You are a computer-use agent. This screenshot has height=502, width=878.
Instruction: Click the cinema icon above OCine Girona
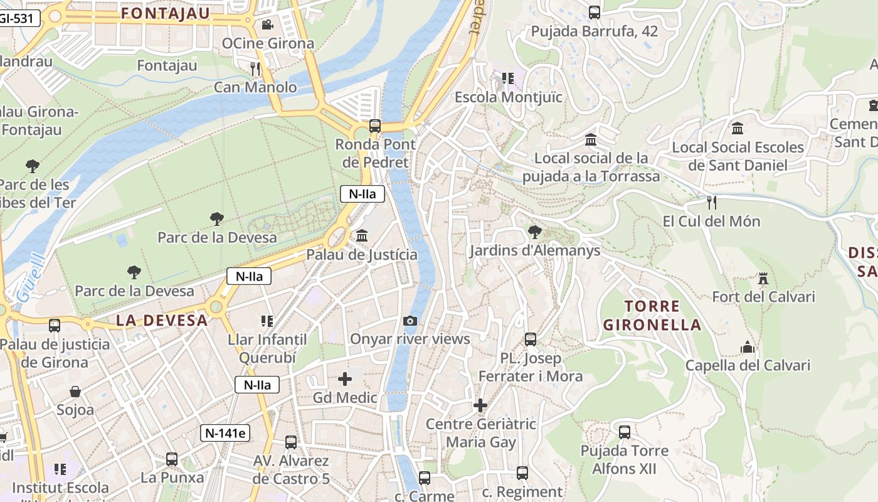(267, 24)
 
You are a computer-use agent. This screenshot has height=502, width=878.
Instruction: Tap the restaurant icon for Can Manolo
(255, 68)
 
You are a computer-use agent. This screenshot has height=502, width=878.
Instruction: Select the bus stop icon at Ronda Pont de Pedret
(375, 126)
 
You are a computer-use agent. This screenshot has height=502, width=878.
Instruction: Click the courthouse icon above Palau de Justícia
(362, 236)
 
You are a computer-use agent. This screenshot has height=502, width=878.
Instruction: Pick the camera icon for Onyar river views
(410, 321)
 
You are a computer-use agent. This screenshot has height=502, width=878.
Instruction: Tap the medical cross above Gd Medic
(345, 379)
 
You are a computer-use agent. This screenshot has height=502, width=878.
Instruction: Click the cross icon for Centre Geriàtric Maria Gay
(480, 405)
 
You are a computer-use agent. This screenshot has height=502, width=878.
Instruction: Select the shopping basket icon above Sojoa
(75, 392)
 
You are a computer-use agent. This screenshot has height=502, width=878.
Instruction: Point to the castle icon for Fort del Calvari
(763, 278)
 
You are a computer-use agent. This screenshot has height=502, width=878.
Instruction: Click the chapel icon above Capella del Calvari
(748, 347)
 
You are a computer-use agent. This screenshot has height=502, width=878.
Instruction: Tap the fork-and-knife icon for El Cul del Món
(711, 202)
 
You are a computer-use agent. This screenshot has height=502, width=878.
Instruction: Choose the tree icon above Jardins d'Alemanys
(535, 232)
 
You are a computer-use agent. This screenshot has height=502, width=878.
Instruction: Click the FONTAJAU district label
(166, 13)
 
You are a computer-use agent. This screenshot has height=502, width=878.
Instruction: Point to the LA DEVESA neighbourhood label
(162, 320)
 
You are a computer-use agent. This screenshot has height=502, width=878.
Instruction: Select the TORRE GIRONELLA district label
(652, 316)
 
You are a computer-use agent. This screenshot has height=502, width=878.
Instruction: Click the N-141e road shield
(225, 432)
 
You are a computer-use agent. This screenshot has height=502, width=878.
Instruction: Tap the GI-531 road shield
(16, 18)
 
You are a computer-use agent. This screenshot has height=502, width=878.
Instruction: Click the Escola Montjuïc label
(509, 97)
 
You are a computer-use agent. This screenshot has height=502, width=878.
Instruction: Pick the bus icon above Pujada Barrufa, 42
(595, 12)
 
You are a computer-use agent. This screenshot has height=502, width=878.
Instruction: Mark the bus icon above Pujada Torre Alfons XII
(625, 432)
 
